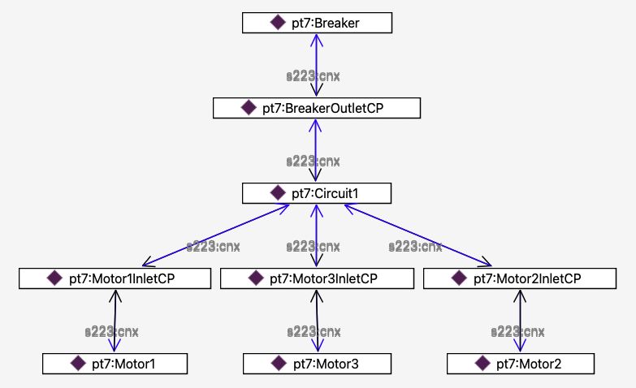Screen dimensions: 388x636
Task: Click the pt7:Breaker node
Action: click(317, 23)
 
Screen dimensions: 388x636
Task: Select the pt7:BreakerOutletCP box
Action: click(316, 108)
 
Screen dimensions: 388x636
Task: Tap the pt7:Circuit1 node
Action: click(317, 193)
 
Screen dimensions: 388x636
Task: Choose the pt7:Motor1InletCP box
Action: click(110, 278)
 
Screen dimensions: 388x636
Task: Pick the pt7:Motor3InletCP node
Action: click(315, 278)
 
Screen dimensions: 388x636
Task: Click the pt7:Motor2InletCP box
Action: click(520, 278)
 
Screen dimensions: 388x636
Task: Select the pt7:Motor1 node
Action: click(115, 364)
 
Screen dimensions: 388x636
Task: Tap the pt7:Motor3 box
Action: click(317, 364)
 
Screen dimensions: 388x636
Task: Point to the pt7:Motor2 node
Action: click(520, 364)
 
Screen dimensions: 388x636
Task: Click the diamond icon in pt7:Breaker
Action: click(277, 23)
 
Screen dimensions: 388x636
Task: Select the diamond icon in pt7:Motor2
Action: click(482, 364)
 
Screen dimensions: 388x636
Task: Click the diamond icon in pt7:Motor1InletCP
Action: click(54, 278)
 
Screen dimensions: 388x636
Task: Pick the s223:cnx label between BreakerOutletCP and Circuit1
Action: click(313, 161)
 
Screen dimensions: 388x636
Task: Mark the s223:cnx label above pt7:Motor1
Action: click(112, 331)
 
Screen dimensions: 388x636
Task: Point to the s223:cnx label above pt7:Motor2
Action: click(519, 331)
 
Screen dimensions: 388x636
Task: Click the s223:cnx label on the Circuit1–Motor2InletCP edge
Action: click(415, 246)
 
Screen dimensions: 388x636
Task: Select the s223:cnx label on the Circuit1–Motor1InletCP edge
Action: click(214, 246)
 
